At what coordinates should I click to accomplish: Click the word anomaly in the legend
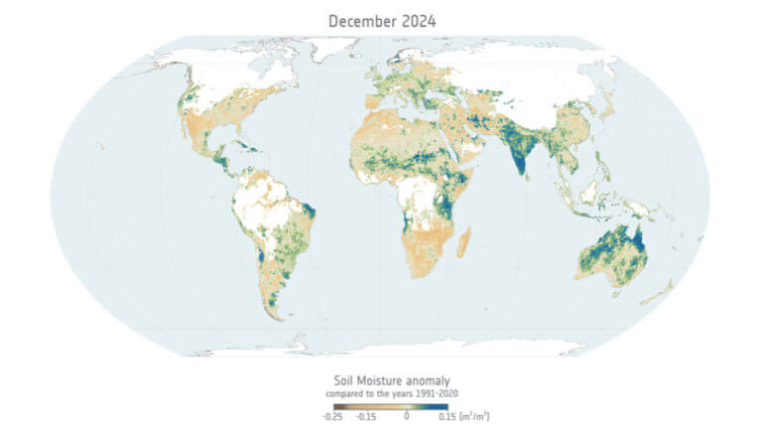point(428,380)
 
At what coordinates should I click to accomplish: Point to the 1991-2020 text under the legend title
point(426,393)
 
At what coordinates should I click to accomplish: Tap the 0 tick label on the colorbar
point(406,417)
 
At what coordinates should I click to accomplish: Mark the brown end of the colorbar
point(326,405)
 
